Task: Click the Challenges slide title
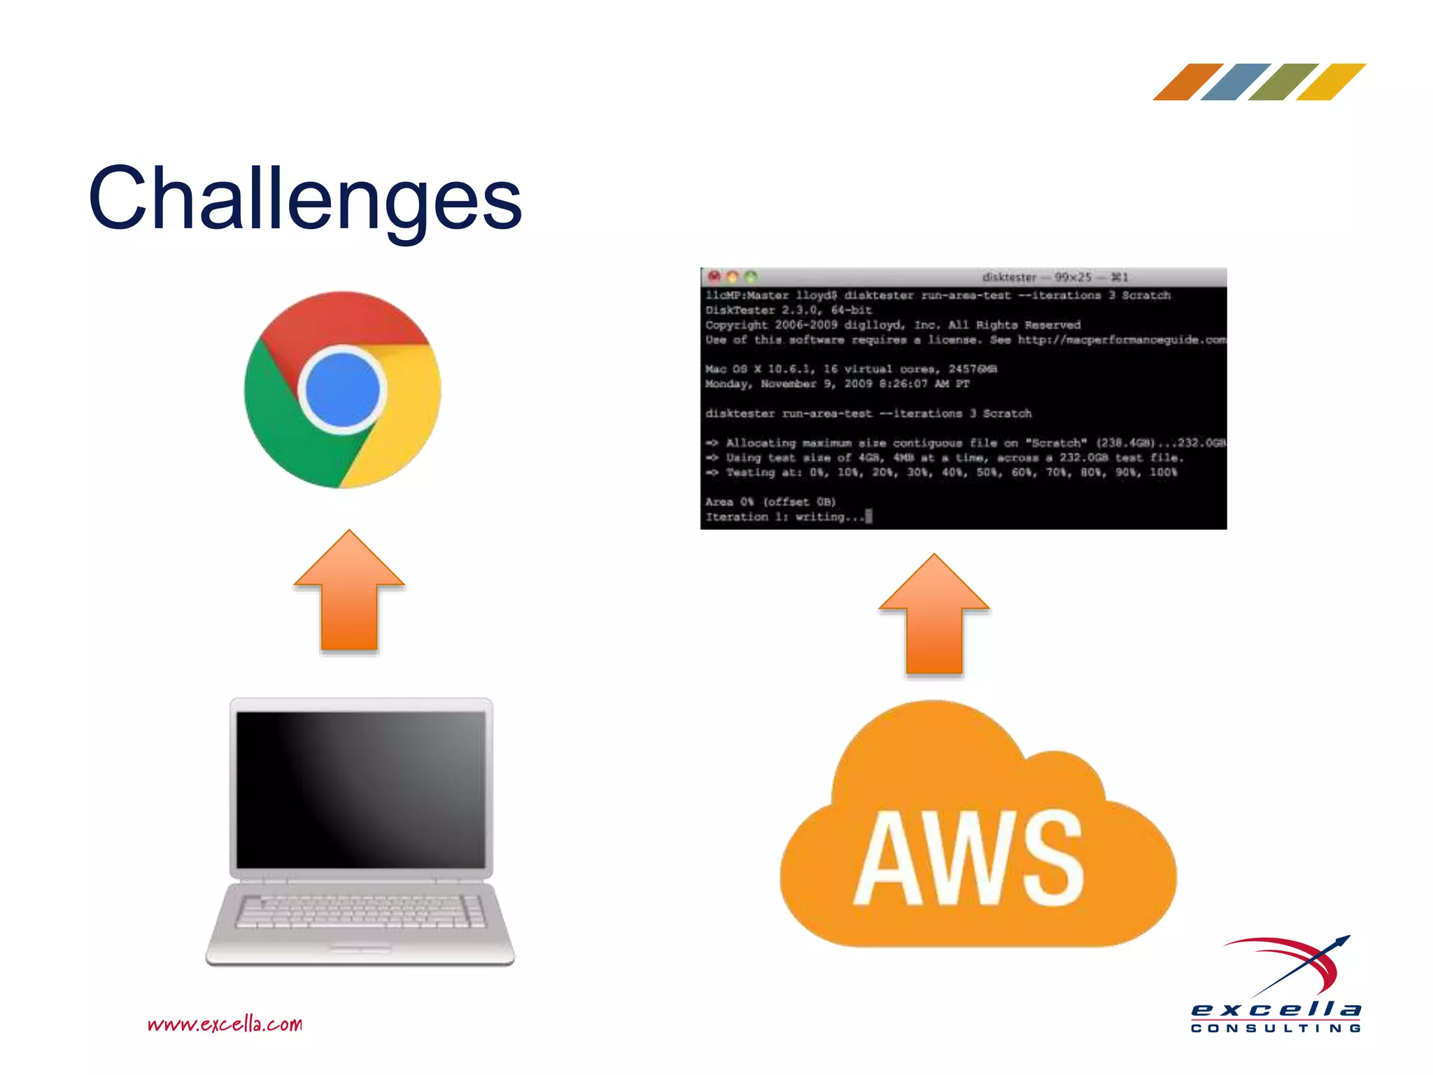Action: point(305,199)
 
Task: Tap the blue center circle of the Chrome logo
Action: point(342,390)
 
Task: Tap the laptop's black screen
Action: point(360,789)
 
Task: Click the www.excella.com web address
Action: point(225,1024)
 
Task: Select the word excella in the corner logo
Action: point(1276,1010)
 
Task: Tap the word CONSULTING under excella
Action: point(1276,1028)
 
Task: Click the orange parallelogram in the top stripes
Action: point(1188,82)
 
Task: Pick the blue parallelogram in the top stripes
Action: point(1236,82)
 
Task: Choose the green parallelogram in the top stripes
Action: point(1283,82)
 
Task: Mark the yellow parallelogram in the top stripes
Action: point(1331,82)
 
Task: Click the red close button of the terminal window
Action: point(714,276)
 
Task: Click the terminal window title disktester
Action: point(1008,277)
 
